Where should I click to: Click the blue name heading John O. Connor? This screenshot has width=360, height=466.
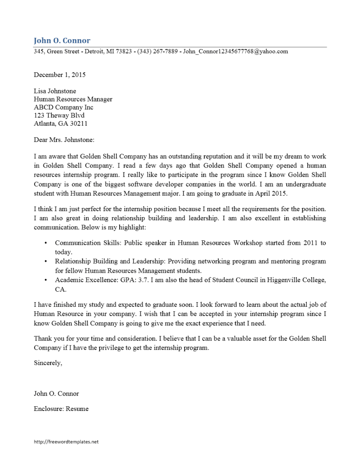pyautogui.click(x=62, y=41)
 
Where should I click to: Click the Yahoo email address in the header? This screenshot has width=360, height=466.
pyautogui.click(x=235, y=51)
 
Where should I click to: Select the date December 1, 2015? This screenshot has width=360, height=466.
pyautogui.click(x=60, y=75)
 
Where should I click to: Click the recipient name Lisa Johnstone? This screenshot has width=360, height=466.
pyautogui.click(x=55, y=91)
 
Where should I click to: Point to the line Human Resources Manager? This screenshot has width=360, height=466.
pyautogui.click(x=73, y=99)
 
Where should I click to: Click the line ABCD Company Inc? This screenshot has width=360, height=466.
pyautogui.click(x=63, y=107)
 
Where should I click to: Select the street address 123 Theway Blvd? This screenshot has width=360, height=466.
pyautogui.click(x=59, y=116)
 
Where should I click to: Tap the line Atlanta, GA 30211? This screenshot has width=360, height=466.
pyautogui.click(x=61, y=124)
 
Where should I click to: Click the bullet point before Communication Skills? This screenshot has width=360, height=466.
pyautogui.click(x=46, y=243)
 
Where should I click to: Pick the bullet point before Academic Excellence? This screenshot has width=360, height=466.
pyautogui.click(x=46, y=280)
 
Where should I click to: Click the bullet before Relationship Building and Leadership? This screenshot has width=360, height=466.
pyautogui.click(x=46, y=262)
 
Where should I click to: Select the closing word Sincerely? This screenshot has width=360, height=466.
pyautogui.click(x=48, y=363)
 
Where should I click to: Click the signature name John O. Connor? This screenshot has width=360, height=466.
pyautogui.click(x=56, y=393)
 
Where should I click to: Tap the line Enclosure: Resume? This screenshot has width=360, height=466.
pyautogui.click(x=61, y=409)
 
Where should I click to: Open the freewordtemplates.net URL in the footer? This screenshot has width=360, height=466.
pyautogui.click(x=66, y=441)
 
